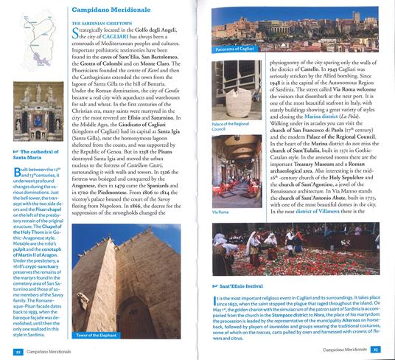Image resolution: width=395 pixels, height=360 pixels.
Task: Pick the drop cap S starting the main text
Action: click(x=77, y=34)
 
